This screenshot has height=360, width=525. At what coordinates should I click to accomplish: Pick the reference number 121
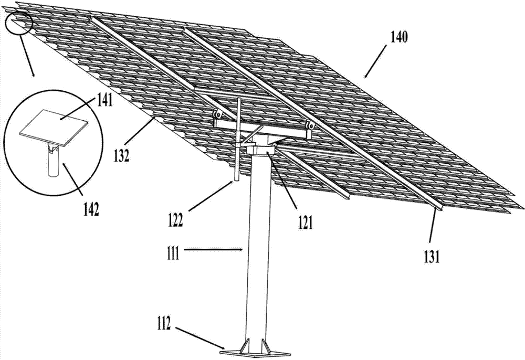coord(304,224)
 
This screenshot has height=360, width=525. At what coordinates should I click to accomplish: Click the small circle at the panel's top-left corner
coord(18,22)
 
